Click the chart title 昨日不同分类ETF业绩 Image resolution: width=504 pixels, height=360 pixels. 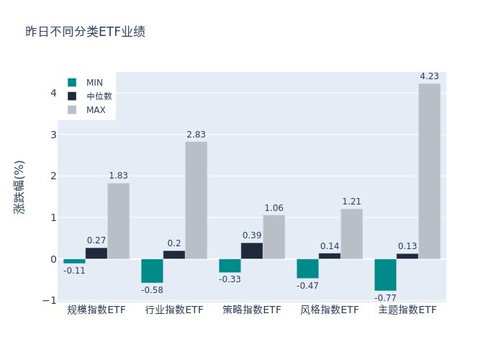(x=85, y=32)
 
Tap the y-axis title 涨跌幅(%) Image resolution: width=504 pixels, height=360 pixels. (x=19, y=186)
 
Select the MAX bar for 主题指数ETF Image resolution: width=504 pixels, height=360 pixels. (x=429, y=171)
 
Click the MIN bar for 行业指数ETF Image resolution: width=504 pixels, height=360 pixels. (x=152, y=271)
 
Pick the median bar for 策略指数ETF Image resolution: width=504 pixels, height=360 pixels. (x=251, y=251)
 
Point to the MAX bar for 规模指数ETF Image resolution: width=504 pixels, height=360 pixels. (x=118, y=221)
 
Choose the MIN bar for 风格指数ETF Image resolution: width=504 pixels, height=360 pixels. (x=307, y=269)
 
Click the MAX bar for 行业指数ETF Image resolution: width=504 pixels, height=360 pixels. (x=196, y=200)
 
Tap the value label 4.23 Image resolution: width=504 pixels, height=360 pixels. (x=429, y=76)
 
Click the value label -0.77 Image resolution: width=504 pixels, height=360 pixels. (x=385, y=297)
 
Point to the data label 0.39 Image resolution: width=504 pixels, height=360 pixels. (x=252, y=235)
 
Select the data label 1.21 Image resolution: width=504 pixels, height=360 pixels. (x=351, y=202)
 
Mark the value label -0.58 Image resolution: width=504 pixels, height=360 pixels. (x=152, y=289)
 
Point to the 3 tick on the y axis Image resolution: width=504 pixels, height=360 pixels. (x=53, y=135)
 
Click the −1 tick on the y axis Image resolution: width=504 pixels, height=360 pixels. (x=50, y=300)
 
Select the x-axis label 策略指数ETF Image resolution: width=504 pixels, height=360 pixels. (x=252, y=310)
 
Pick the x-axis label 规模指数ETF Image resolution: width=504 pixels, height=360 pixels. (x=96, y=310)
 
